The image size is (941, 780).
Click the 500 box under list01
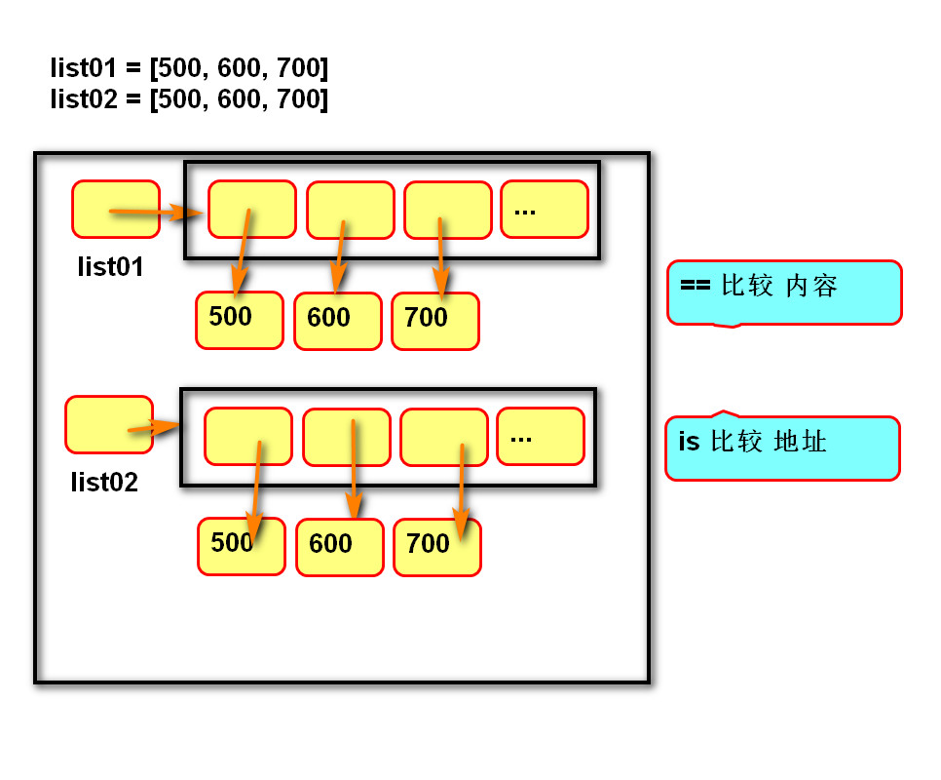pos(239,320)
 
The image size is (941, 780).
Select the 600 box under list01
pos(337,321)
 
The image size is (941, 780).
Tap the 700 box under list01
pos(434,321)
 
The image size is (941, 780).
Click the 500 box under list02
pos(241,546)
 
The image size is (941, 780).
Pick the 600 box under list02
pos(339,547)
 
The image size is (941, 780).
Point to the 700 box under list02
pos(436,547)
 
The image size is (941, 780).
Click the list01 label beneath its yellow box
pos(110,267)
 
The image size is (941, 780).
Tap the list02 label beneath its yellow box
pos(104,482)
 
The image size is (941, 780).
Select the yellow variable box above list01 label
pos(115,209)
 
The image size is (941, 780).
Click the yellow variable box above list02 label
pos(108,424)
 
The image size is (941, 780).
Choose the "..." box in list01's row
pos(544,209)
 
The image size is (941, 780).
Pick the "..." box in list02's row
pos(540,436)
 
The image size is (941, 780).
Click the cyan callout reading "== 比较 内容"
pos(783,292)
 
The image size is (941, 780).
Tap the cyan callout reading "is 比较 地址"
pos(781,448)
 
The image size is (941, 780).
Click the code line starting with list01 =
pos(189,68)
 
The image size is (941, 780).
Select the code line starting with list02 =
pos(189,99)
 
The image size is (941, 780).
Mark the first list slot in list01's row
pos(251,209)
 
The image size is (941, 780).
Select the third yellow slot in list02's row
pos(443,436)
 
